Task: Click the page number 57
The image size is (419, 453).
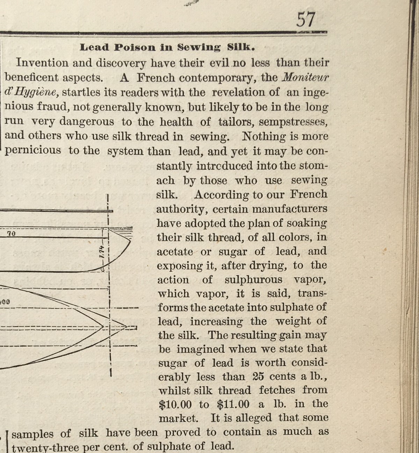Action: (x=306, y=20)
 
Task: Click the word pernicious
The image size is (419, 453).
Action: (x=32, y=151)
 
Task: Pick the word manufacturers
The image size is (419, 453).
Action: (x=290, y=209)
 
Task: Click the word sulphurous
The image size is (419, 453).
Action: (x=253, y=280)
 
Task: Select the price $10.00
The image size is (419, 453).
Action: (x=175, y=405)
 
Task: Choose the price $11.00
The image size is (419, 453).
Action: (x=233, y=405)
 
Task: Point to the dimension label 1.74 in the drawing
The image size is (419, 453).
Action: (x=102, y=251)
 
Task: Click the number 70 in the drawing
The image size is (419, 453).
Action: (x=11, y=233)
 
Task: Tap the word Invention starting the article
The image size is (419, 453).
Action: (x=42, y=63)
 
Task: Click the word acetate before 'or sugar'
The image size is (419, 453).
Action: (x=175, y=252)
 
